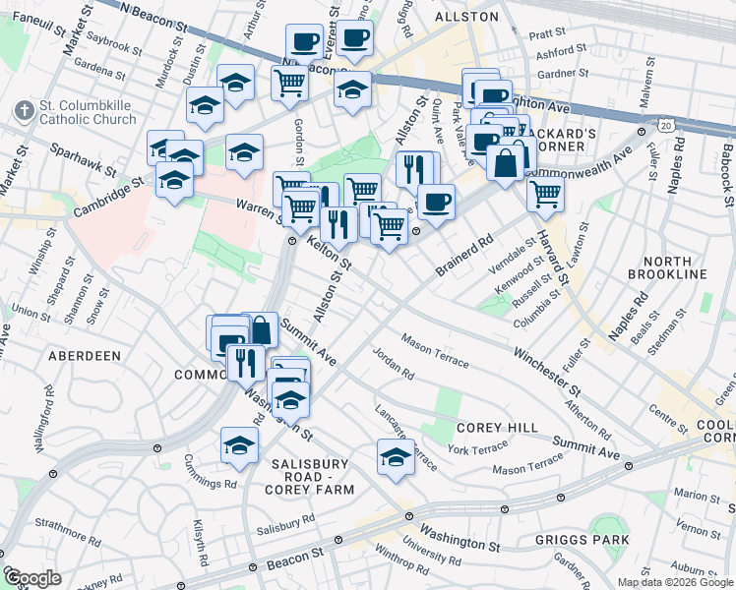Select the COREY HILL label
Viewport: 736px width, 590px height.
pyautogui.click(x=498, y=428)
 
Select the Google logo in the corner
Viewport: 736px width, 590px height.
pyautogui.click(x=31, y=578)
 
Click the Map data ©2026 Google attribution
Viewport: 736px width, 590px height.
pyautogui.click(x=675, y=582)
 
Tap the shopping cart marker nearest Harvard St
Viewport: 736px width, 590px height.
pyautogui.click(x=544, y=194)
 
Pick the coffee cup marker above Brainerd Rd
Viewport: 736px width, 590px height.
pyautogui.click(x=436, y=202)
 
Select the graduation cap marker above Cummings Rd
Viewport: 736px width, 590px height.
pyautogui.click(x=239, y=445)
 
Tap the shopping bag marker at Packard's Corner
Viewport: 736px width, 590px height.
pyautogui.click(x=506, y=161)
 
